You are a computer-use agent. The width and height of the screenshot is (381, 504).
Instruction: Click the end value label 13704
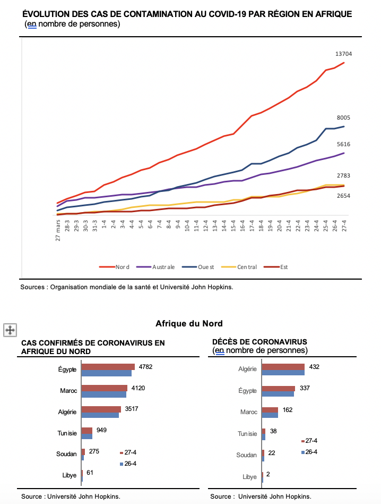click(x=343, y=54)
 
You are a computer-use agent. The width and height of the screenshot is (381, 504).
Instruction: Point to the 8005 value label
click(x=343, y=117)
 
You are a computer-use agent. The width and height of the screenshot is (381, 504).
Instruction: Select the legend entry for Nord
click(x=114, y=267)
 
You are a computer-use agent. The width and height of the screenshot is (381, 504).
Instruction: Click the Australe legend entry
click(x=155, y=267)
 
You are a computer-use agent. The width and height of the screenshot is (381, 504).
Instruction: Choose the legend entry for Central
click(x=239, y=267)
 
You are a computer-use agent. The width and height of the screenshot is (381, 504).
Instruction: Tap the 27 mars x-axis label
click(x=58, y=230)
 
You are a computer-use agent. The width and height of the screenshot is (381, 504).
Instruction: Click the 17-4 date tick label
click(x=252, y=225)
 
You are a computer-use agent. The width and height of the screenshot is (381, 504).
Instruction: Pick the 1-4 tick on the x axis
click(x=104, y=224)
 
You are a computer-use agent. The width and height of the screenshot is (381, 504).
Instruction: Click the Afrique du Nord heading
click(x=189, y=323)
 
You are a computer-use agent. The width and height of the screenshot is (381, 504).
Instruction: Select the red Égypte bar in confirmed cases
click(x=108, y=367)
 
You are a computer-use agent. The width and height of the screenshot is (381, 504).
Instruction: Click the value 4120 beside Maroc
click(x=138, y=388)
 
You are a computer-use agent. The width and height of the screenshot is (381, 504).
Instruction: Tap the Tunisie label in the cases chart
click(x=67, y=433)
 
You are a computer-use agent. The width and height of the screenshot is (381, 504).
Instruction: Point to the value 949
click(x=101, y=430)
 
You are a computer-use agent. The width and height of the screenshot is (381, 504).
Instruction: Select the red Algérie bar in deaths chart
click(x=283, y=367)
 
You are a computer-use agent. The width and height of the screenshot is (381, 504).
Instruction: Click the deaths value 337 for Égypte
click(x=305, y=388)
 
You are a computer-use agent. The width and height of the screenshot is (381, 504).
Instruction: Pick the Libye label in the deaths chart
click(x=249, y=477)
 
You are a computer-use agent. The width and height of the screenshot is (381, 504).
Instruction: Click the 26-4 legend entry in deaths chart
click(x=309, y=452)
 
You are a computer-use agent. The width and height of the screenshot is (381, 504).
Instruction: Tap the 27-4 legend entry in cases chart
click(x=128, y=452)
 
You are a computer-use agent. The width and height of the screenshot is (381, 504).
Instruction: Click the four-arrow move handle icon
click(x=10, y=330)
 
